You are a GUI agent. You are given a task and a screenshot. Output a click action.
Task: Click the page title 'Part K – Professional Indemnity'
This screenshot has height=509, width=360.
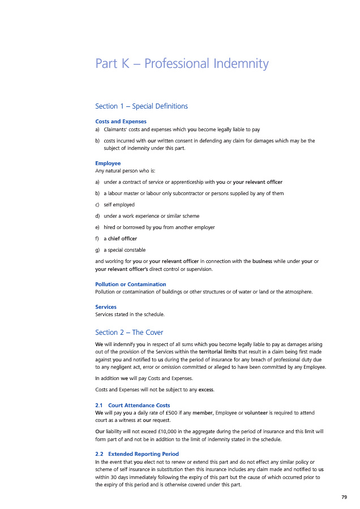click(x=182, y=63)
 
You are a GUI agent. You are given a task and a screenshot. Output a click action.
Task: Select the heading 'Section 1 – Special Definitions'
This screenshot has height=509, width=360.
click(x=142, y=106)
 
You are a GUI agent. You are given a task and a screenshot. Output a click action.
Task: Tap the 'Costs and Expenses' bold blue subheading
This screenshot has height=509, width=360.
click(x=121, y=122)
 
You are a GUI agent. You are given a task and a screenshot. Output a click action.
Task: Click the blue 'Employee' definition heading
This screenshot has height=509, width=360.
click(x=108, y=163)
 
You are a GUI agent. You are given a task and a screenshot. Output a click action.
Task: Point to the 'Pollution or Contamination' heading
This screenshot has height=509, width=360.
click(x=131, y=284)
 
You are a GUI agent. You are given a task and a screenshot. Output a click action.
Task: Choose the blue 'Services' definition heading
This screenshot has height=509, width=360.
click(x=106, y=307)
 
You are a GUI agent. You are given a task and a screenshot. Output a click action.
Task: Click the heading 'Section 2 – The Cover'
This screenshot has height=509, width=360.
click(x=129, y=332)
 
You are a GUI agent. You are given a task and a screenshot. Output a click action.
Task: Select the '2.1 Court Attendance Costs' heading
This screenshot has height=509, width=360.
click(x=132, y=406)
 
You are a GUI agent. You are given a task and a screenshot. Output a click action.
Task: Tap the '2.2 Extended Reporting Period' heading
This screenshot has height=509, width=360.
click(x=137, y=454)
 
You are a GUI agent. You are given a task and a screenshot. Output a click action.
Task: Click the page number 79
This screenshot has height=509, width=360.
click(x=344, y=497)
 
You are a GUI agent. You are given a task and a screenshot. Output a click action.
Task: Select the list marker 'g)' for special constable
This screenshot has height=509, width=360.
click(x=98, y=249)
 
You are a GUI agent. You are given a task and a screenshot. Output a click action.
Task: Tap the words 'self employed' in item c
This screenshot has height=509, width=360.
click(x=119, y=204)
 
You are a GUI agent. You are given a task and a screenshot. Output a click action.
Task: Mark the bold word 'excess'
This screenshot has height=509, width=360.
click(x=206, y=390)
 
